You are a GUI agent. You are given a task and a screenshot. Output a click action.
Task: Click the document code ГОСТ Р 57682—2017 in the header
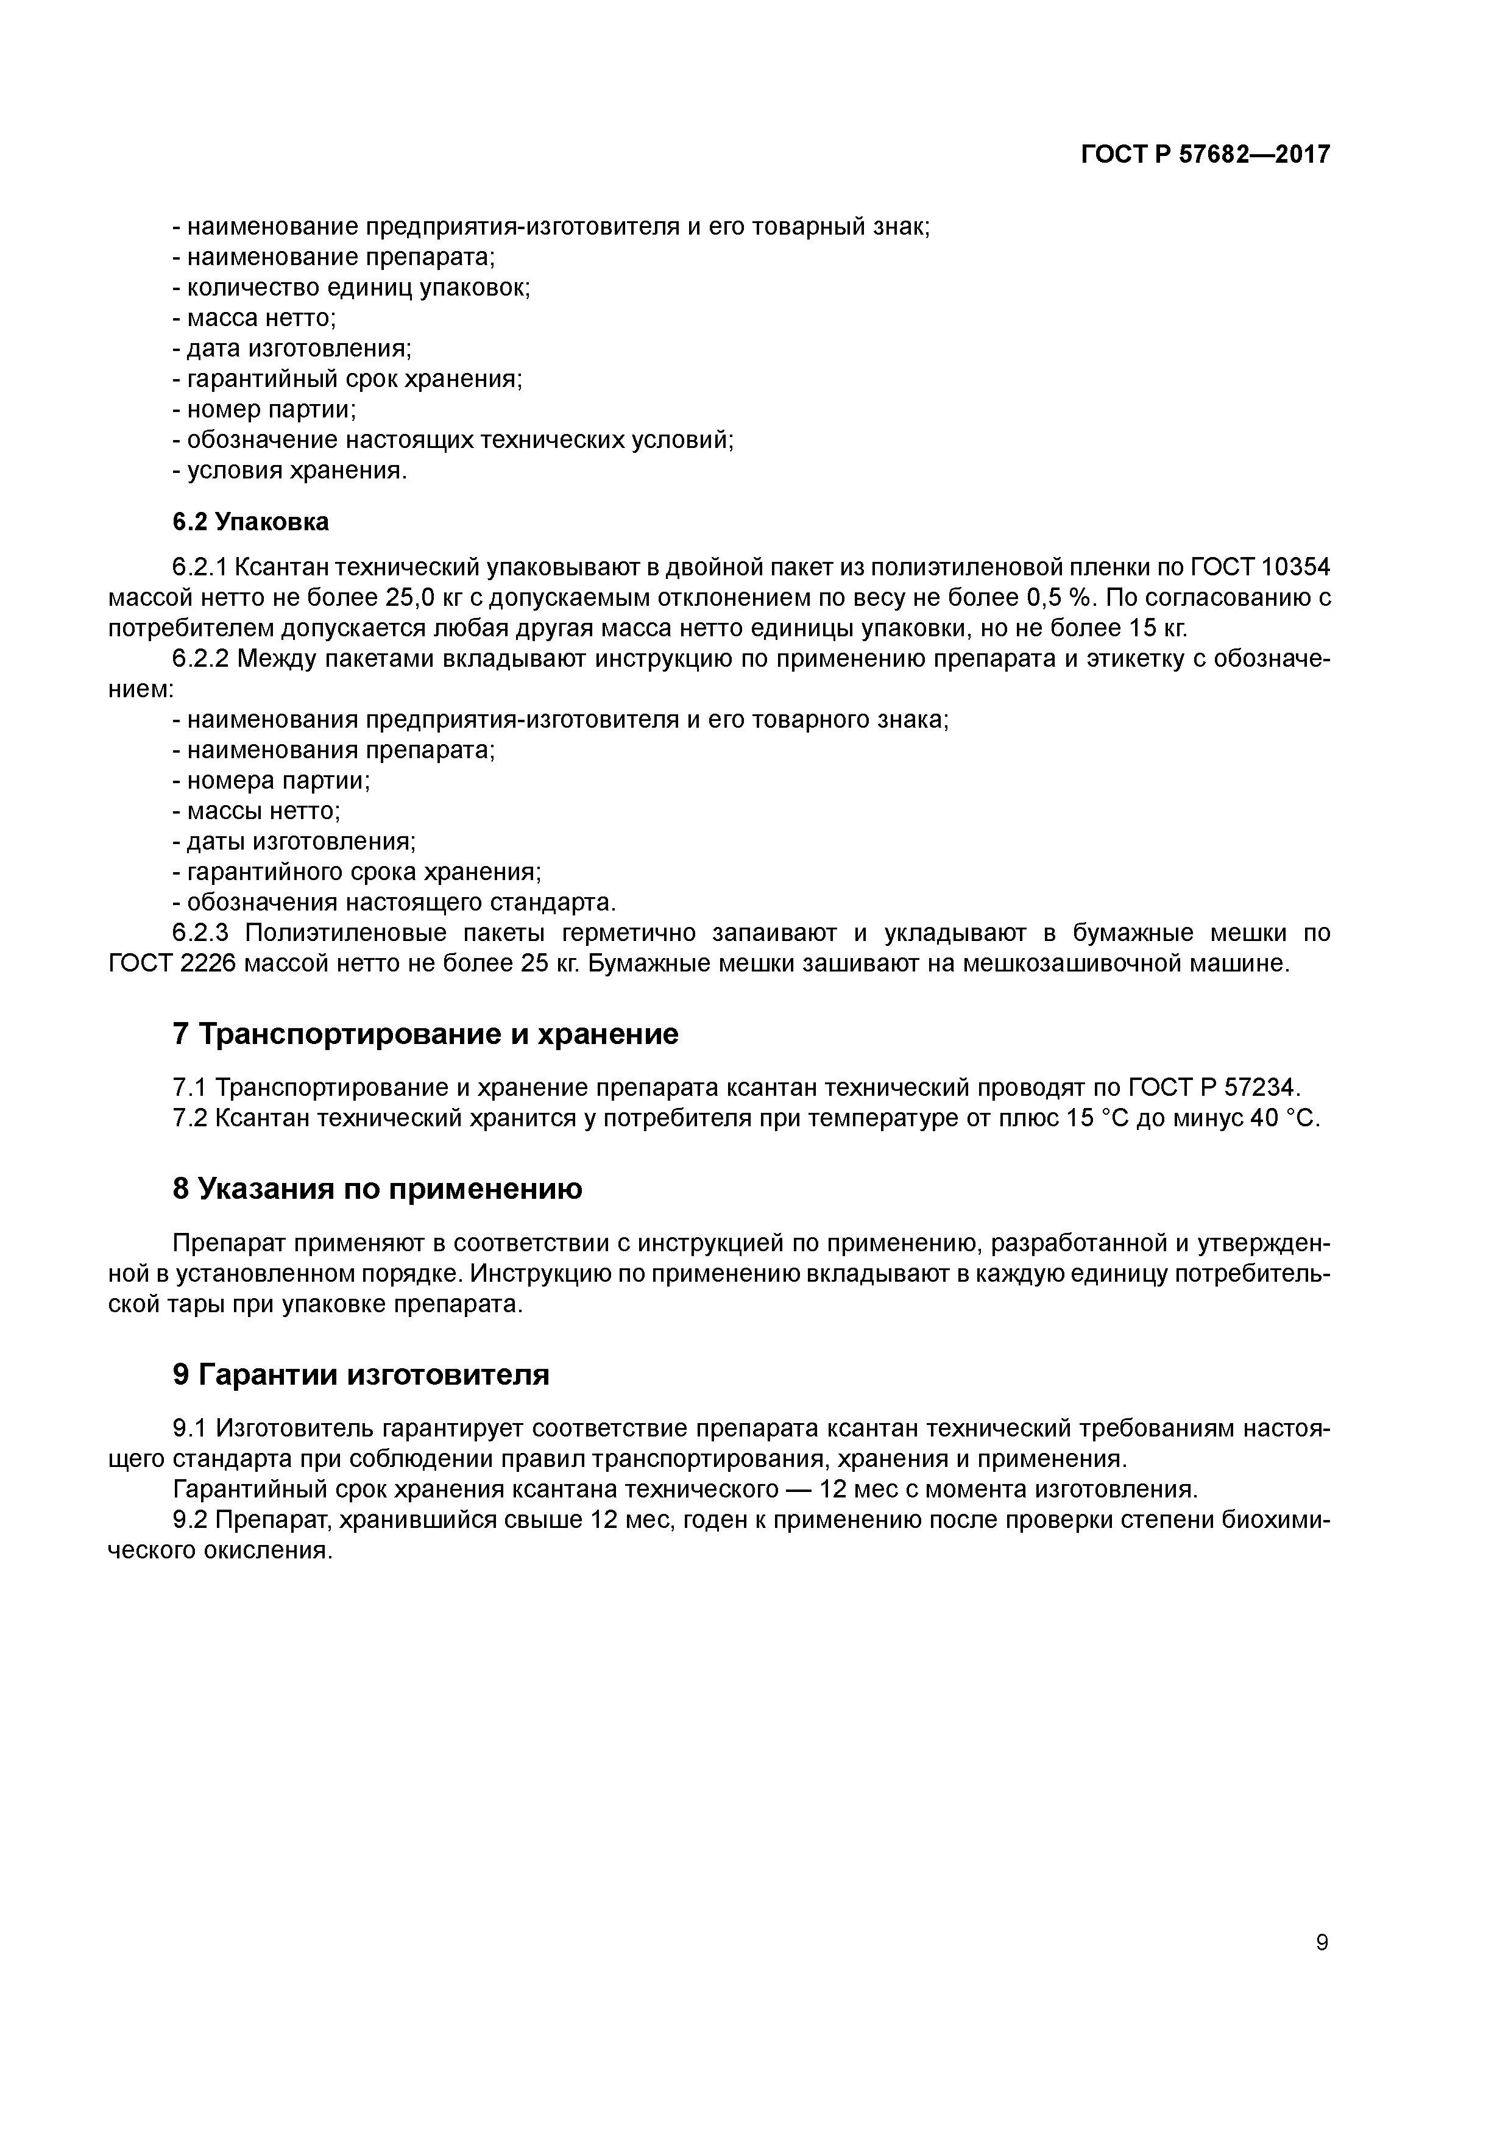1206,155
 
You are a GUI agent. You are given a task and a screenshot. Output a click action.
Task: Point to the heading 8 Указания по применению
377,1188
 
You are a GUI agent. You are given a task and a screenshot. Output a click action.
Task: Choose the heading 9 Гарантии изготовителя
360,1374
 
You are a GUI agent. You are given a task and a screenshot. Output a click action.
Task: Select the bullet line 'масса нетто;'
255,319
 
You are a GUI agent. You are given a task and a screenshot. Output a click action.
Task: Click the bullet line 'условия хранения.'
291,471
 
